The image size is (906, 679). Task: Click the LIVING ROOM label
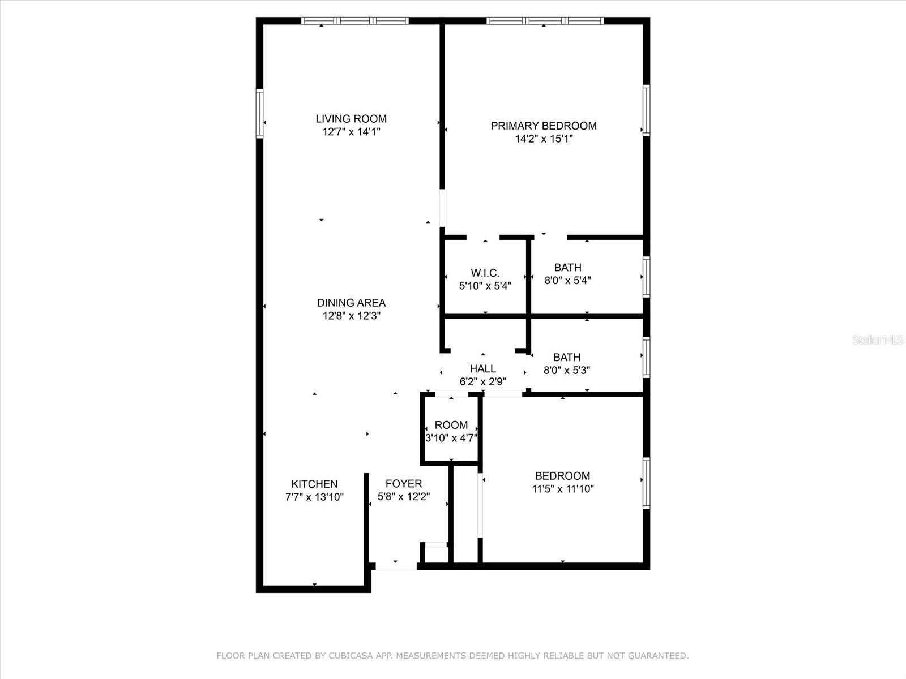[x=351, y=119]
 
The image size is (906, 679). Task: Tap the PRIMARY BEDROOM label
[x=544, y=126]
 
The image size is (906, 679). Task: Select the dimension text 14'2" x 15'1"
[x=544, y=139]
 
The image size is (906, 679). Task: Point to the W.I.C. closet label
[x=485, y=273]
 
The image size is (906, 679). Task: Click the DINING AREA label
[x=351, y=303]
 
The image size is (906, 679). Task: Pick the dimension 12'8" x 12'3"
[x=351, y=316]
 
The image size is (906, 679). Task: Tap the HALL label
[x=483, y=368]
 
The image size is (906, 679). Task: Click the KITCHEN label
[x=314, y=484]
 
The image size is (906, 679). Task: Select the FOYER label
[x=404, y=484]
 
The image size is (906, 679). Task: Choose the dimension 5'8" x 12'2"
[x=404, y=497]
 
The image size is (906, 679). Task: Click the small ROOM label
[x=451, y=425]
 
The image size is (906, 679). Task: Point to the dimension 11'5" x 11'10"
[x=563, y=489]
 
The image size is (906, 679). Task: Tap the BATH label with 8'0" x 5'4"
[x=567, y=268]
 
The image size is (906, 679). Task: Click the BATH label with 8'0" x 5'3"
[x=567, y=357]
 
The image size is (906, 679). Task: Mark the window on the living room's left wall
[x=259, y=113]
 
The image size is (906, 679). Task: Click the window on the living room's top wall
[x=354, y=21]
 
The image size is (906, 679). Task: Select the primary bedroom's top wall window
[x=545, y=21]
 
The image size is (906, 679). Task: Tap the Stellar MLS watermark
[x=878, y=340]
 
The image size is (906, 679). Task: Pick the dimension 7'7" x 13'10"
[x=314, y=497]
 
